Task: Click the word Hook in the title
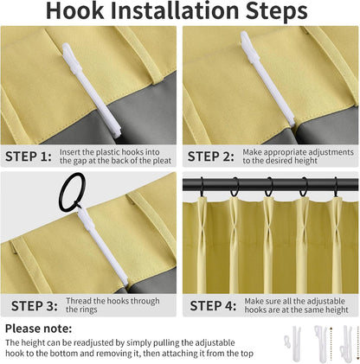point(74,10)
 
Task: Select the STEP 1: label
point(29,156)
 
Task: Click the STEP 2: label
point(211,156)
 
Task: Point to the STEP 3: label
point(35,306)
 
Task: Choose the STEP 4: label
point(213,306)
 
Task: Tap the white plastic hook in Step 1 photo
point(91,90)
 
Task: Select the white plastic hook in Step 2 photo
point(267,79)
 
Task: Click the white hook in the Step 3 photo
point(102,247)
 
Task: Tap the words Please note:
point(39,329)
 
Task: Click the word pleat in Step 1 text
point(163,161)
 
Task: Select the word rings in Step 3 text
point(87,310)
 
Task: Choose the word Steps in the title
point(276,11)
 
